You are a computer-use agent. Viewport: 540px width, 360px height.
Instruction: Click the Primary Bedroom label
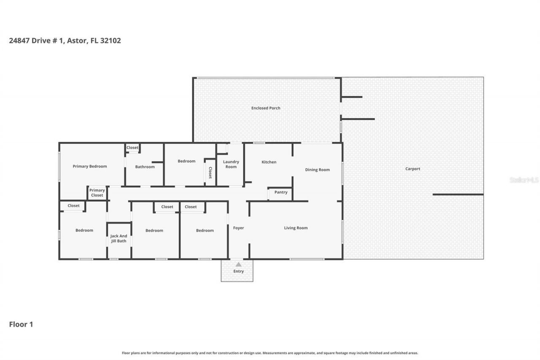89,166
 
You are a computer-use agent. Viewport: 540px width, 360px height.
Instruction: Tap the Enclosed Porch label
266,108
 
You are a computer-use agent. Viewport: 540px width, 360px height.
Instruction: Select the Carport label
413,169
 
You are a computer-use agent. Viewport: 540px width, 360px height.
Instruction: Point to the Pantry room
281,192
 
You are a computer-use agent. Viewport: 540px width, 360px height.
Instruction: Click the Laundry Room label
231,164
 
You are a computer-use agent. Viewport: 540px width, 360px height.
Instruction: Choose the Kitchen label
269,162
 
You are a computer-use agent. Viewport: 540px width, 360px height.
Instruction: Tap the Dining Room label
317,170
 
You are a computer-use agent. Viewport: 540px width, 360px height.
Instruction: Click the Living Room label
296,228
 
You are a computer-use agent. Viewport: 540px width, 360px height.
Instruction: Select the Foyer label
238,228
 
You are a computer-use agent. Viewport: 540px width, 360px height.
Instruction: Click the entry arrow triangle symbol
238,265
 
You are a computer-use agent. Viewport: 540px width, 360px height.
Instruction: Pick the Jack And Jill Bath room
119,239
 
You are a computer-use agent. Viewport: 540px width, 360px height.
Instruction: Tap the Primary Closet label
97,193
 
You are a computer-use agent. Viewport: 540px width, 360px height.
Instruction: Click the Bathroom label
145,167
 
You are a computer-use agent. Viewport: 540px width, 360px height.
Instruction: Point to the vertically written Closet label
210,172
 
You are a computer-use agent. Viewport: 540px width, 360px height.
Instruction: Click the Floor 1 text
21,325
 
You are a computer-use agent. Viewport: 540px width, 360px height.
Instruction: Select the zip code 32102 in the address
111,41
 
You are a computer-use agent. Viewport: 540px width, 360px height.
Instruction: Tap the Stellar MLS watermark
524,180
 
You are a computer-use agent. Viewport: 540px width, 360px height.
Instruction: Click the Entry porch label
238,271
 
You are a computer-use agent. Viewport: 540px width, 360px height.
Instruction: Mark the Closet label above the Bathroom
132,148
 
